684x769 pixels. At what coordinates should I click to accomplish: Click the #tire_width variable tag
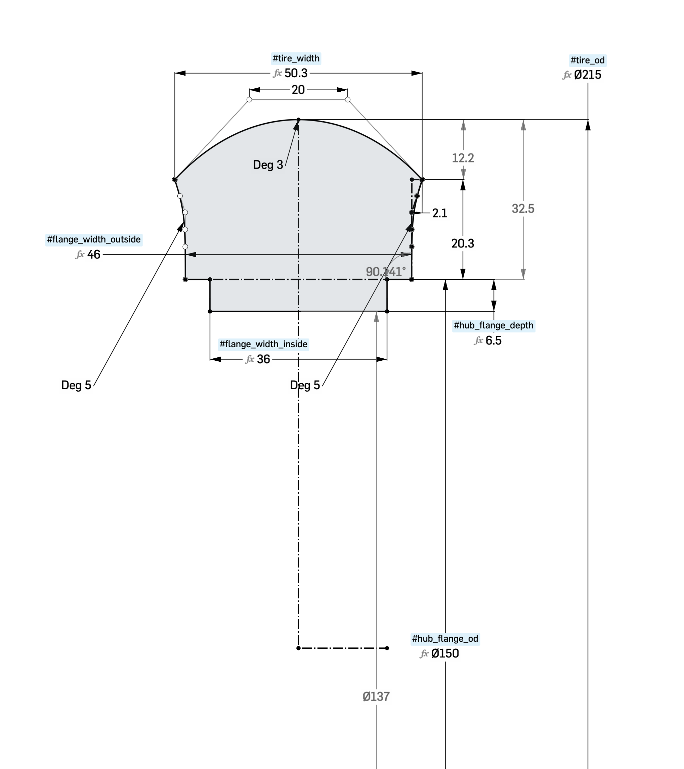coord(296,58)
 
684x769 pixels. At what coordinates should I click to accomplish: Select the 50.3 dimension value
coord(296,73)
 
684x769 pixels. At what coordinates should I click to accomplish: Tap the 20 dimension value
coord(298,90)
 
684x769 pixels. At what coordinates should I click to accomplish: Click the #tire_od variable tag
coord(587,60)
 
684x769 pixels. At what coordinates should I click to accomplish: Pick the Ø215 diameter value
coord(587,75)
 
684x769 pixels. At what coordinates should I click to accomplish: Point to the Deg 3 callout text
coord(268,165)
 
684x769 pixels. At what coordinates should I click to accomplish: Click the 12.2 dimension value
coord(463,158)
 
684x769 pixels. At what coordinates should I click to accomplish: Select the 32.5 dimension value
coord(523,209)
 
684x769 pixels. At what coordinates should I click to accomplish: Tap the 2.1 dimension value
coord(439,213)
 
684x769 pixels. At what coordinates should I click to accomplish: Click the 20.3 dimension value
coord(463,243)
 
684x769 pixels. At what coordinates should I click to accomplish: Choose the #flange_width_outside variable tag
coord(94,240)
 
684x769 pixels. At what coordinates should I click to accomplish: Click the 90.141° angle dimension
coord(386,272)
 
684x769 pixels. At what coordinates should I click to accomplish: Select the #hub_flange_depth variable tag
coord(494,325)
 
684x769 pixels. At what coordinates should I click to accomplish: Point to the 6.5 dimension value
coord(493,341)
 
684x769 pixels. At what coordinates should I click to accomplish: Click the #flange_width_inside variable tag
coord(263,344)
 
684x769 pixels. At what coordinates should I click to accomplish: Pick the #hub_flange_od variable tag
coord(445,638)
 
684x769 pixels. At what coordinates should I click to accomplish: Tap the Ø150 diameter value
coord(445,653)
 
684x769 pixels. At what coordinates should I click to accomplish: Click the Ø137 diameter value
coord(376,697)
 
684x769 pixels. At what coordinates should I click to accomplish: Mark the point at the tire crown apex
coord(299,120)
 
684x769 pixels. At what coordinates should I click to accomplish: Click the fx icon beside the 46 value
coord(80,255)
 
